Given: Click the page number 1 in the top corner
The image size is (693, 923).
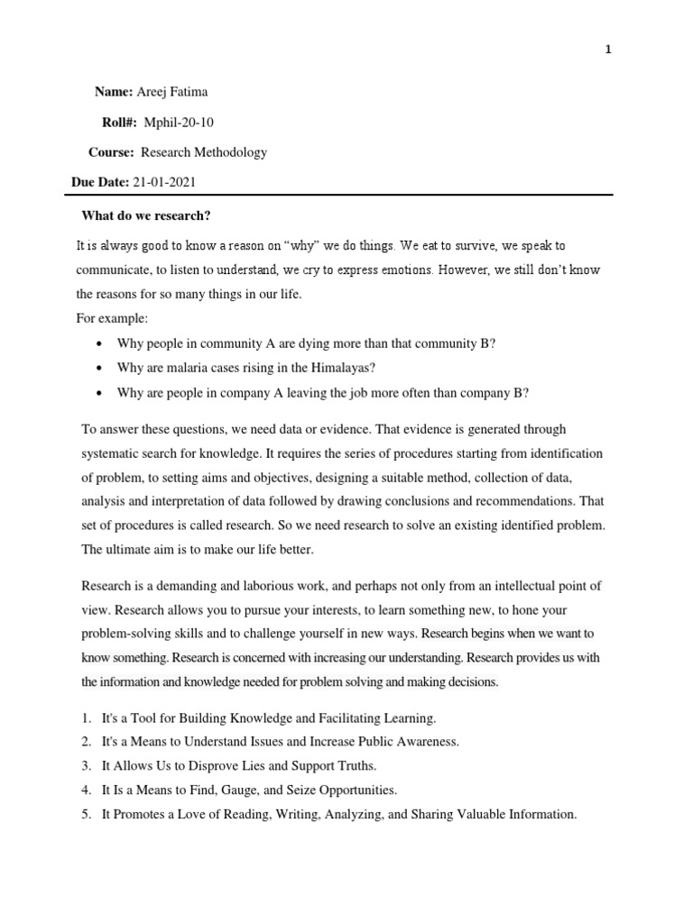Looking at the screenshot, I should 608,50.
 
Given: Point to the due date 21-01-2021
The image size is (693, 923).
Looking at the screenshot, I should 164,182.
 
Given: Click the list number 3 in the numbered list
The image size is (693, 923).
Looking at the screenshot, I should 87,766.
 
